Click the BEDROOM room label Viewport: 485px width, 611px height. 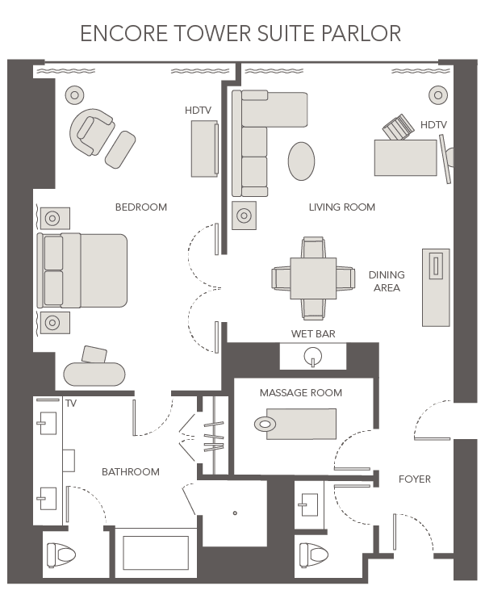(x=140, y=207)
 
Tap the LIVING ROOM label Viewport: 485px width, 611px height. (x=341, y=207)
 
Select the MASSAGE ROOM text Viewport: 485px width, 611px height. (x=300, y=393)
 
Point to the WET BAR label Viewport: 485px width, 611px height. (x=313, y=333)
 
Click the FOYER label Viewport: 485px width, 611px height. (x=415, y=479)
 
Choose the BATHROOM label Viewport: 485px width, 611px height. (x=130, y=471)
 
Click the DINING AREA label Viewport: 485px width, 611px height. (x=387, y=281)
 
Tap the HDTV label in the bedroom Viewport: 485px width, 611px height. (x=198, y=111)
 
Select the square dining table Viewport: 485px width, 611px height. (x=313, y=278)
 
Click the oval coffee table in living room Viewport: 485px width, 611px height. (x=301, y=161)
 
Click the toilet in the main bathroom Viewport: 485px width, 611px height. (x=61, y=555)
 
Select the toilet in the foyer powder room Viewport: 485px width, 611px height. (x=314, y=555)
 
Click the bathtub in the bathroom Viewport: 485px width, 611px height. (x=155, y=554)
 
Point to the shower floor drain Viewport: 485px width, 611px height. (x=235, y=513)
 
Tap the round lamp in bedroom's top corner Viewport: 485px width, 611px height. (x=74, y=94)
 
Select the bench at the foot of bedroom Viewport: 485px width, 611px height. (x=94, y=375)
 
